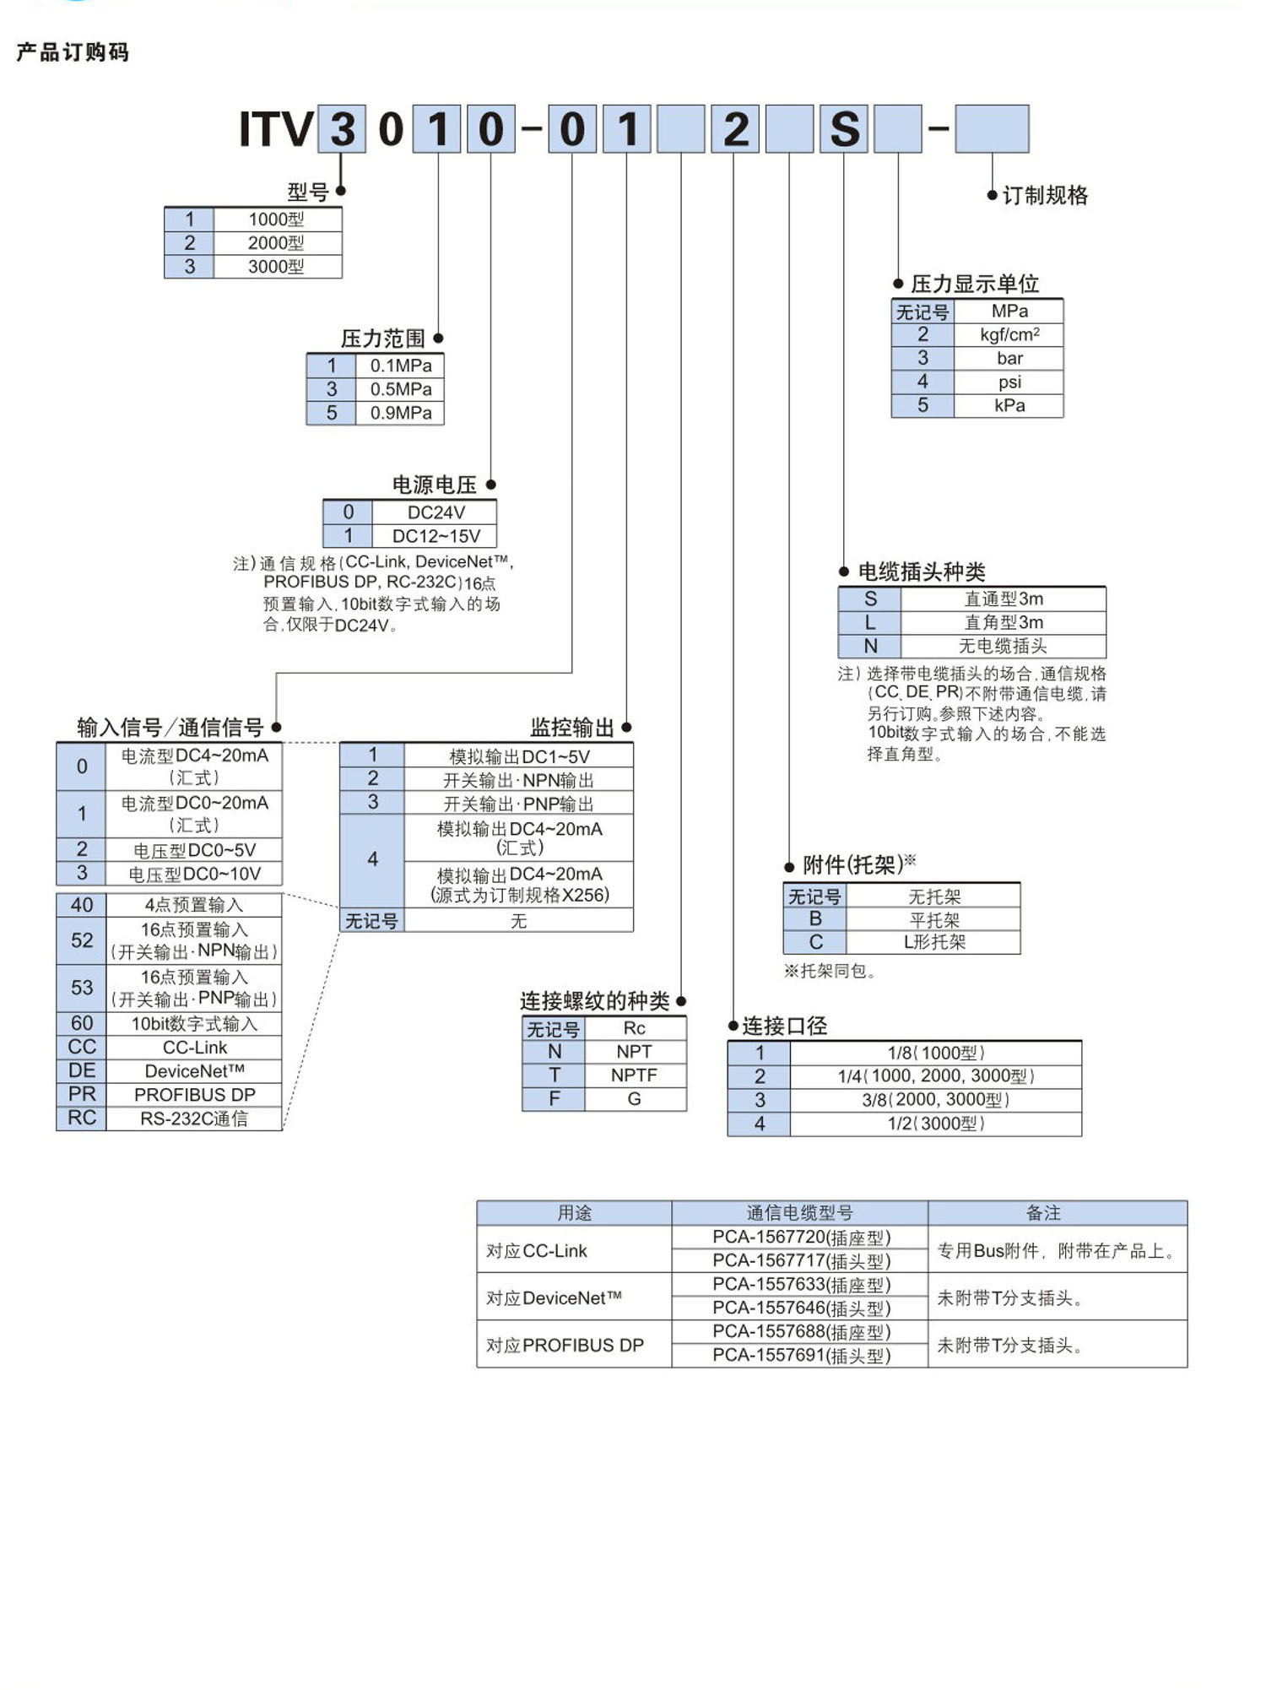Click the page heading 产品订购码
click(73, 52)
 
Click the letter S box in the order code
click(843, 129)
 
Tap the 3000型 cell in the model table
click(276, 267)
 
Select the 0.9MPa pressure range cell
click(400, 413)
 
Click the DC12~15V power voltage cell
click(436, 536)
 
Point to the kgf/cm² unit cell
click(1009, 334)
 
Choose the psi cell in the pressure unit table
click(1009, 382)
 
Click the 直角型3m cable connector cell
click(1003, 622)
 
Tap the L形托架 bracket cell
click(933, 942)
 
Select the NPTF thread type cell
click(634, 1075)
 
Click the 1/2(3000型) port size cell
click(935, 1124)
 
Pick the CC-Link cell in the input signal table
click(194, 1048)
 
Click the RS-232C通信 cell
click(194, 1119)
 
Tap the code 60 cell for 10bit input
click(82, 1023)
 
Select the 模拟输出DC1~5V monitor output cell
click(518, 756)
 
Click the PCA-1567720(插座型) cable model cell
click(800, 1238)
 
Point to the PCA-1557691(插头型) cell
click(800, 1356)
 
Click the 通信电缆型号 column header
click(799, 1213)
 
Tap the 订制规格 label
click(1044, 196)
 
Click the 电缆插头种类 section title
click(921, 571)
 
